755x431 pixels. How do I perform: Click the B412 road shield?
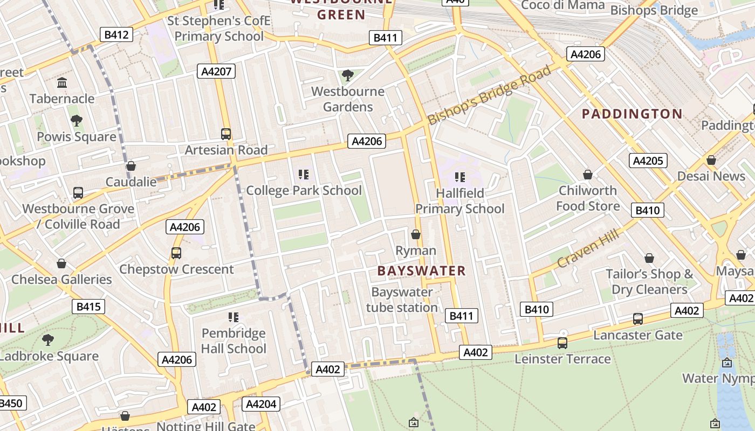click(x=116, y=35)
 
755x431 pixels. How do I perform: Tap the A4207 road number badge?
click(x=217, y=71)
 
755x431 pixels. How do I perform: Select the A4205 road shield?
click(x=648, y=161)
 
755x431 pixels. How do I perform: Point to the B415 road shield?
click(x=88, y=307)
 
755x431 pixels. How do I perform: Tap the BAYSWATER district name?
click(x=421, y=271)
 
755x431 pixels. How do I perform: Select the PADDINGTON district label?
click(x=632, y=114)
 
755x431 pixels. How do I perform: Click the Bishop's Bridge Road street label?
click(x=490, y=95)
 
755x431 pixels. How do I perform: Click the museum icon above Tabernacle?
click(x=62, y=83)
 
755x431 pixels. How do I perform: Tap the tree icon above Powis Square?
click(x=76, y=121)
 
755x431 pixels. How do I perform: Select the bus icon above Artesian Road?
click(x=226, y=134)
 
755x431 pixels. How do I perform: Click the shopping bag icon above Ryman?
click(x=416, y=234)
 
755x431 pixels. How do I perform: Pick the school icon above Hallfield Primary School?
click(x=459, y=177)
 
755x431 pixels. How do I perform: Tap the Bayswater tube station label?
click(x=402, y=300)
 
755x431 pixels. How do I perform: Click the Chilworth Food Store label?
click(x=587, y=198)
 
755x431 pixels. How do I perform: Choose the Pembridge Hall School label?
click(x=234, y=341)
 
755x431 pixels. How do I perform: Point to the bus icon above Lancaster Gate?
click(x=638, y=319)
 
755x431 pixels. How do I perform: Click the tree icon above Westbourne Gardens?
click(x=348, y=75)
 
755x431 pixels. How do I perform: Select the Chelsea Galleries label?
click(x=61, y=280)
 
